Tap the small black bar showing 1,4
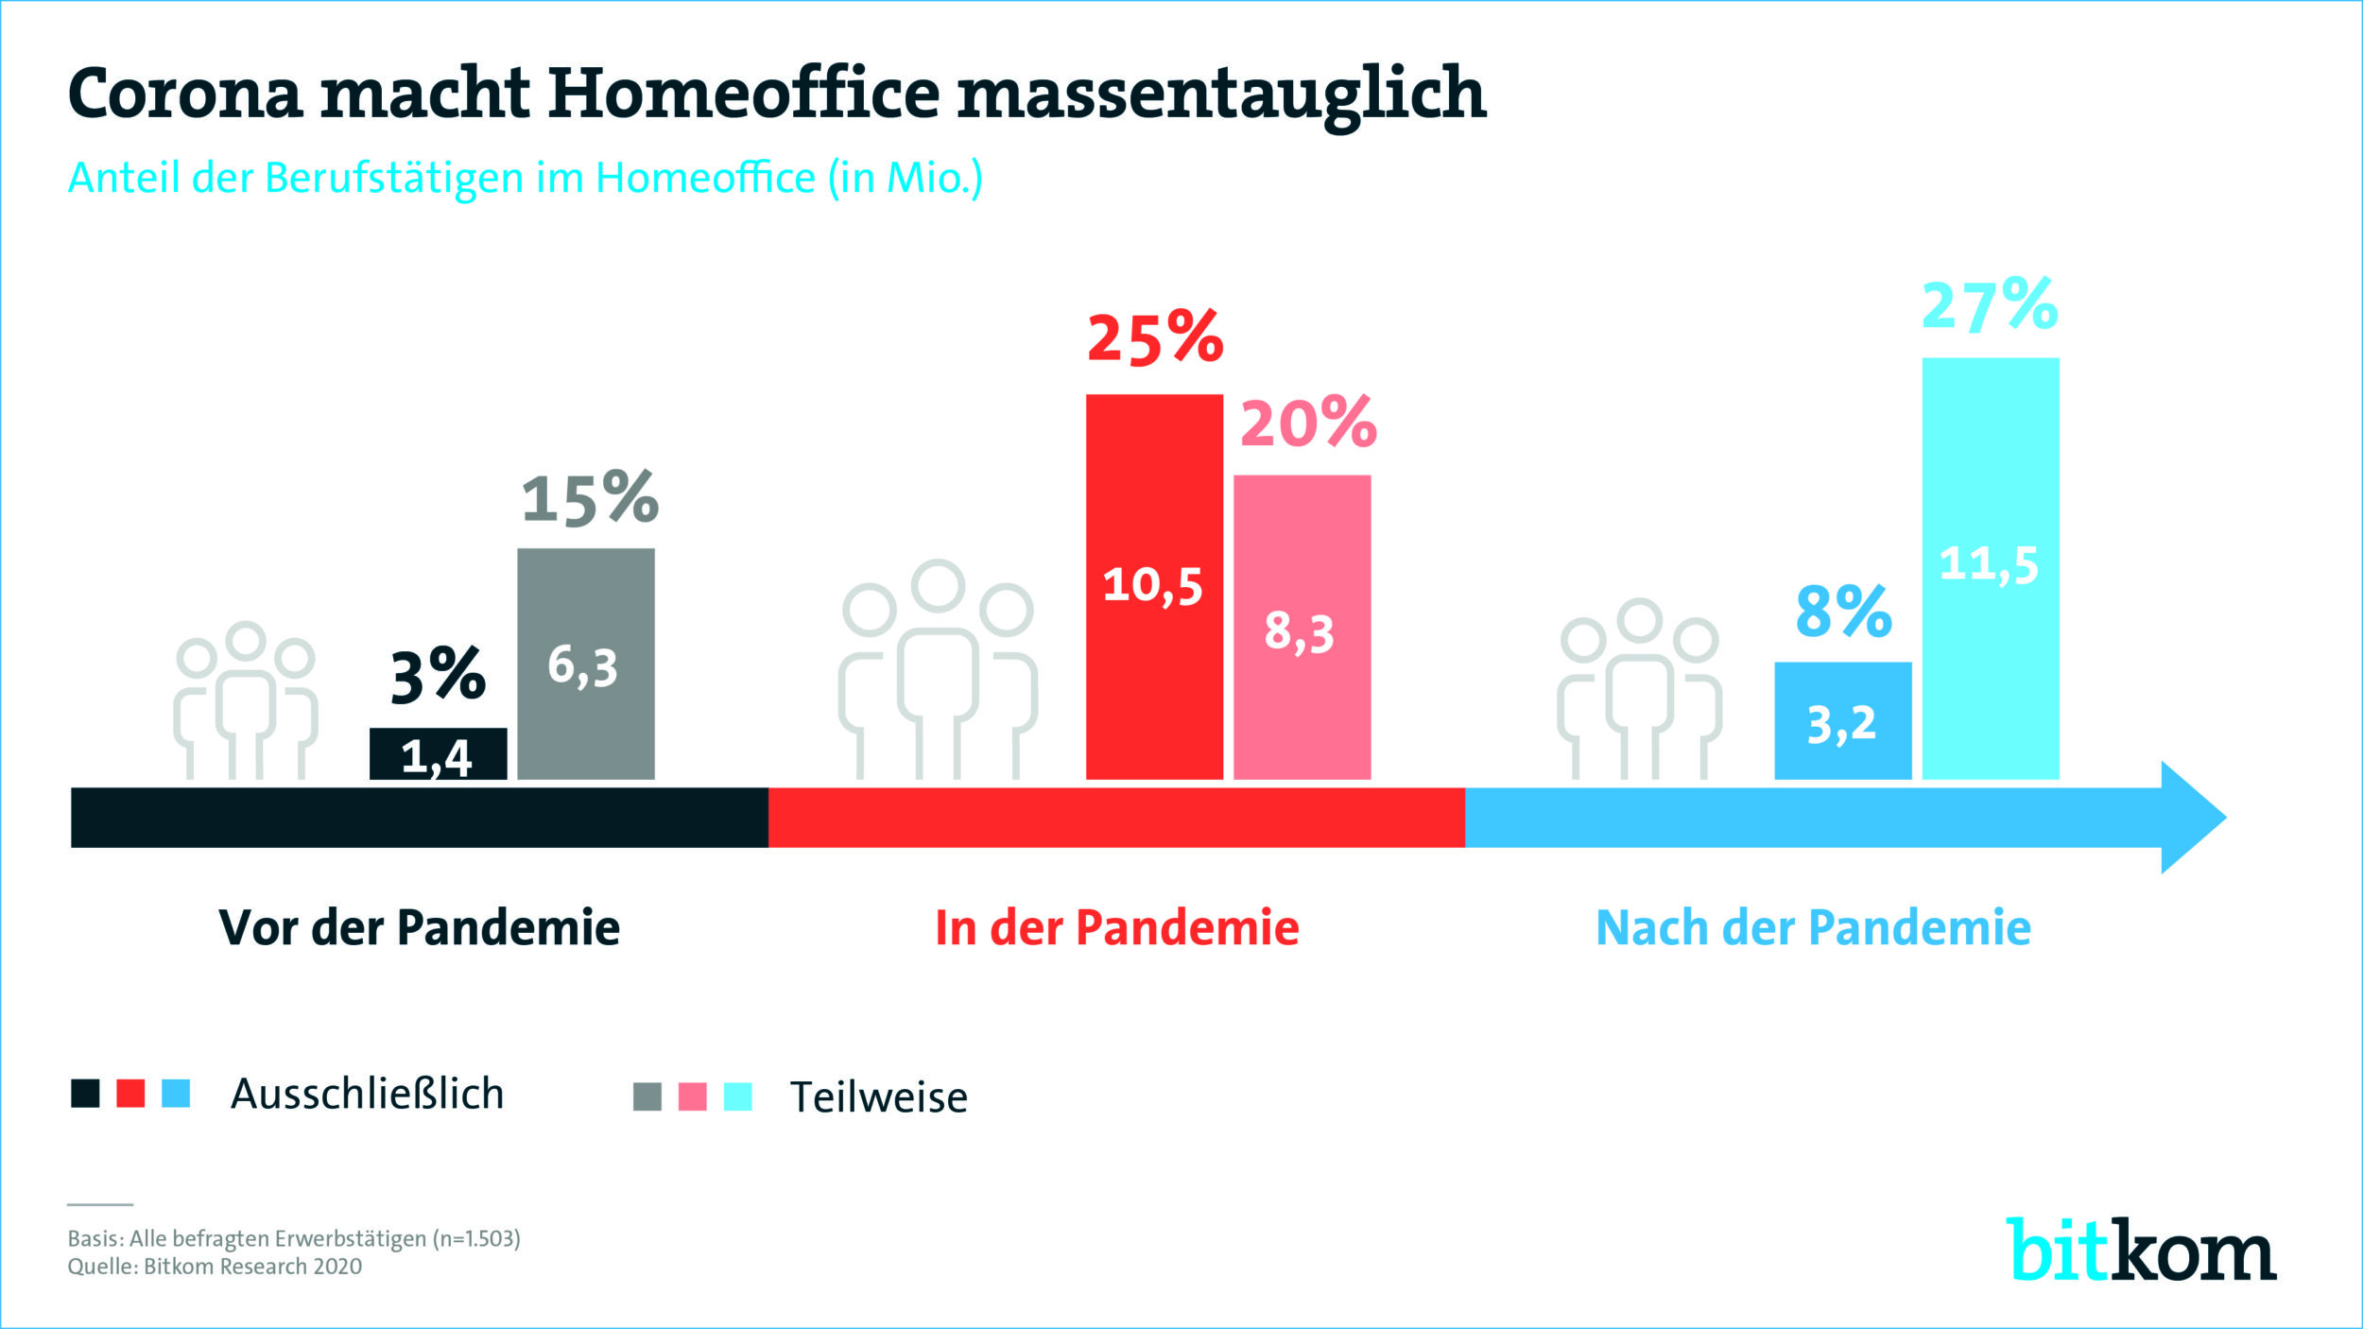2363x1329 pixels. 438,754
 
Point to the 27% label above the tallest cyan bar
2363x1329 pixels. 1990,305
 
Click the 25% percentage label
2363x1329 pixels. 1155,338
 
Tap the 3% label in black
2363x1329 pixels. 438,676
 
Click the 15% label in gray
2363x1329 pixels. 590,498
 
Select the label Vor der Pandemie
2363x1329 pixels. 419,928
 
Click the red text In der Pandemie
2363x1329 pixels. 1116,928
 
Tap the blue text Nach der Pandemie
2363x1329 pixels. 1813,928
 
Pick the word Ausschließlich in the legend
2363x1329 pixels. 367,1095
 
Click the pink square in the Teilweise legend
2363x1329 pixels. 693,1096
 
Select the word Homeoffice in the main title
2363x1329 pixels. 744,94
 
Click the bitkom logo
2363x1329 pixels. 2141,1251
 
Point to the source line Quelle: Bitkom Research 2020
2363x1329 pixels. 215,1267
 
